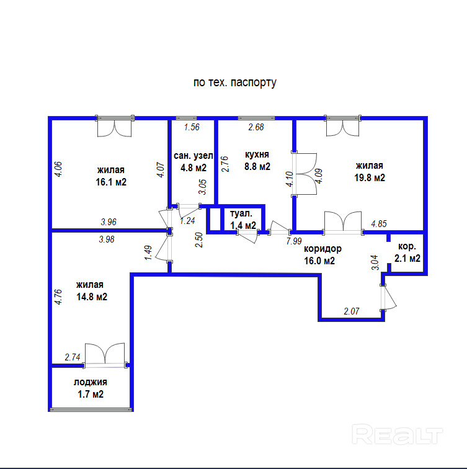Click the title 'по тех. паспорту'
tap(234, 82)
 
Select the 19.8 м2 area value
tap(370, 177)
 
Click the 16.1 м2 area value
tap(112, 182)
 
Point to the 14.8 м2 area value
tap(92, 297)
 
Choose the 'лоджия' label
tap(91, 382)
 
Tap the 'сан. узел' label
tap(193, 155)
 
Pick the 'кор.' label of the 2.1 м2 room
tap(407, 246)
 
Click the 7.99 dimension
tap(293, 241)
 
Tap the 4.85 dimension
tap(379, 224)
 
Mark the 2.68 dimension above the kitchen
tap(256, 128)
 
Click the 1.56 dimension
tap(192, 128)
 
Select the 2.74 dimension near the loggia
tap(73, 357)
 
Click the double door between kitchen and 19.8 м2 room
tap(303, 174)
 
